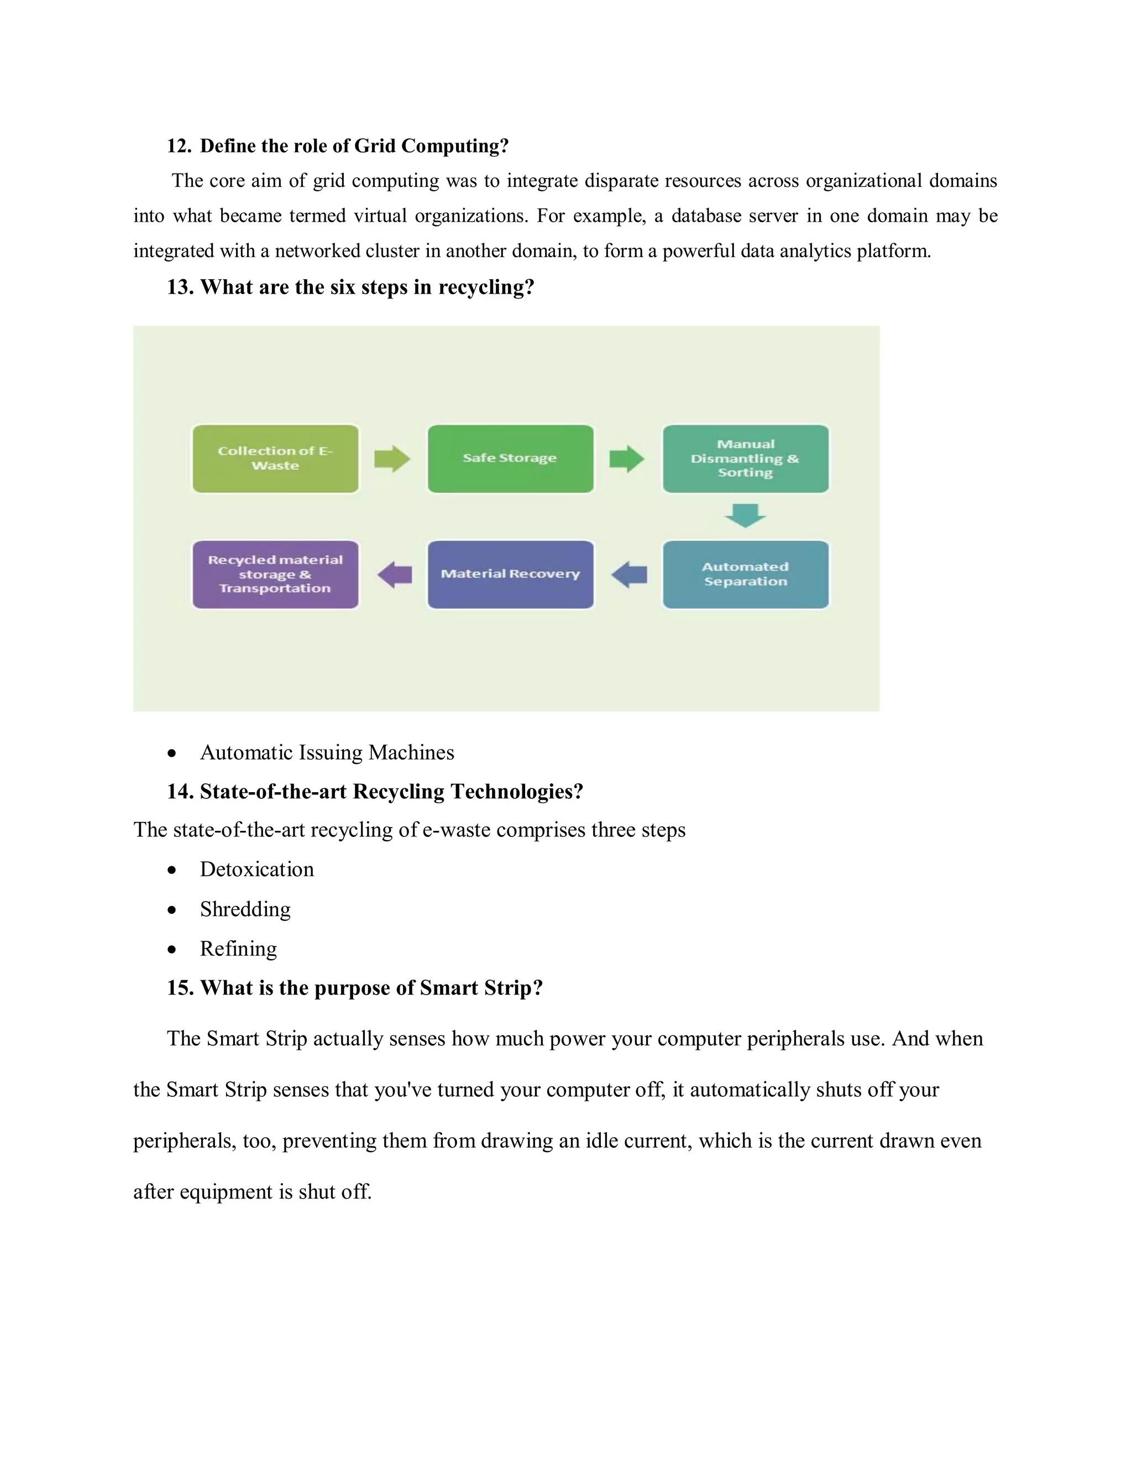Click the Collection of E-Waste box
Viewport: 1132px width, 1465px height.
point(275,459)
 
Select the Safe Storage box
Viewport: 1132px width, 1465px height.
point(510,459)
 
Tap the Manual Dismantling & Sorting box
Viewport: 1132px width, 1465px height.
point(746,459)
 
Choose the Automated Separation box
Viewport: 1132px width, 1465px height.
point(746,575)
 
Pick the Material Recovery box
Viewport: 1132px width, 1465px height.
point(510,575)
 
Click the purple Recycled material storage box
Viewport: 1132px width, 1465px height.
point(275,575)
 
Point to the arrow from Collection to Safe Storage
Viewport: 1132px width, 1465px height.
point(392,459)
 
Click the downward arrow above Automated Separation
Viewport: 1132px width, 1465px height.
point(746,516)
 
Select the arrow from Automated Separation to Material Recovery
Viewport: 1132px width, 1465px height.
point(629,575)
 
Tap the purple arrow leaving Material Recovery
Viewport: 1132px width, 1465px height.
point(395,575)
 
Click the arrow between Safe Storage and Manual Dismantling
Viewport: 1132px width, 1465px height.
point(627,459)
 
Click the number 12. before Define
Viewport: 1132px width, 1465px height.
point(179,146)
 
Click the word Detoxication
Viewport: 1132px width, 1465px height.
point(257,870)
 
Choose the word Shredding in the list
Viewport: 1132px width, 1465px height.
point(245,909)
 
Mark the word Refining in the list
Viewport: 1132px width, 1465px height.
point(239,949)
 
